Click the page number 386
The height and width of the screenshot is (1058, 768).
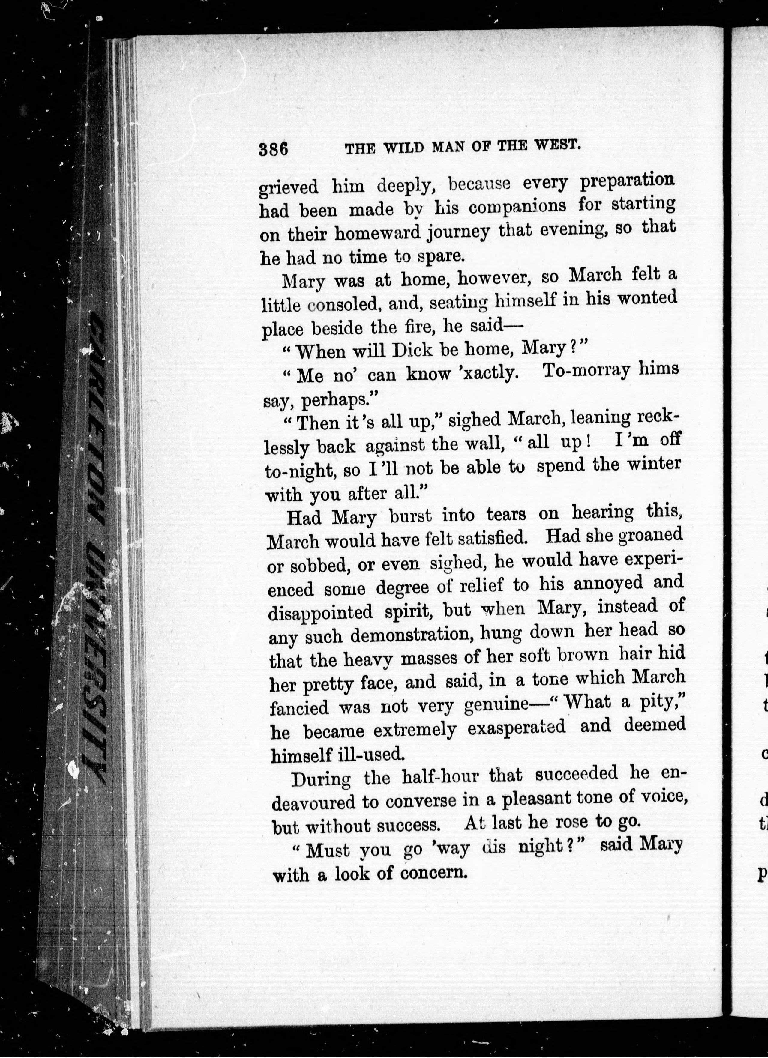(274, 150)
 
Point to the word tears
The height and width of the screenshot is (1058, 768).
(506, 515)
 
